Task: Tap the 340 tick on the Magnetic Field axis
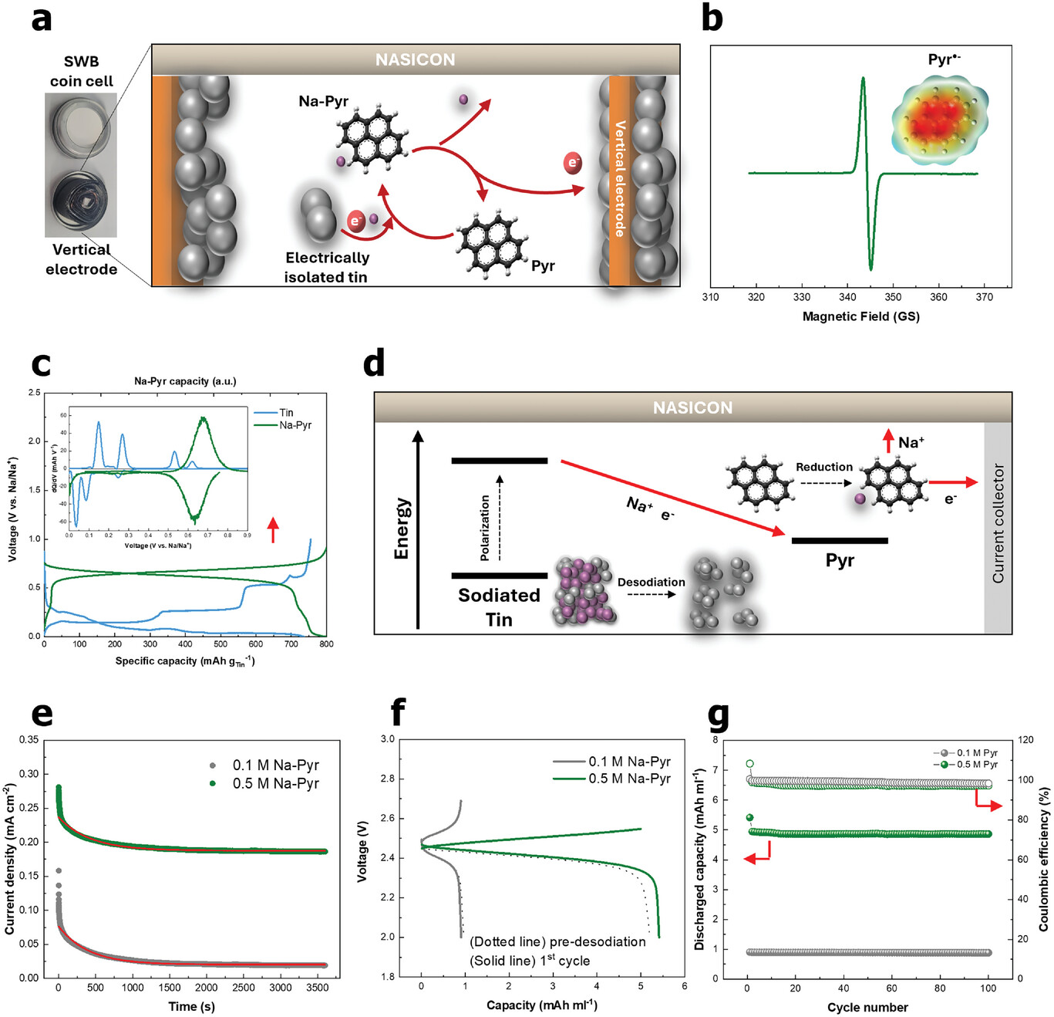point(847,297)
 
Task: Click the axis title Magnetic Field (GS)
point(860,316)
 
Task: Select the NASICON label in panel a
point(415,59)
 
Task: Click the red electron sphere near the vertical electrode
point(573,163)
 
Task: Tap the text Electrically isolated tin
point(327,267)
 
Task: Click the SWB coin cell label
point(81,71)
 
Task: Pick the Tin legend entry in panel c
point(285,413)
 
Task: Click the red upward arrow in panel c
point(272,530)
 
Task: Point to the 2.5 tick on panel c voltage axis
point(34,393)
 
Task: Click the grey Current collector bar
point(998,524)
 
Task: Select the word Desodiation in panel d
point(651,582)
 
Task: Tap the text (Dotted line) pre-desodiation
point(557,941)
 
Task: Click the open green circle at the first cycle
point(749,764)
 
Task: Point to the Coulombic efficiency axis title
point(1043,859)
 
